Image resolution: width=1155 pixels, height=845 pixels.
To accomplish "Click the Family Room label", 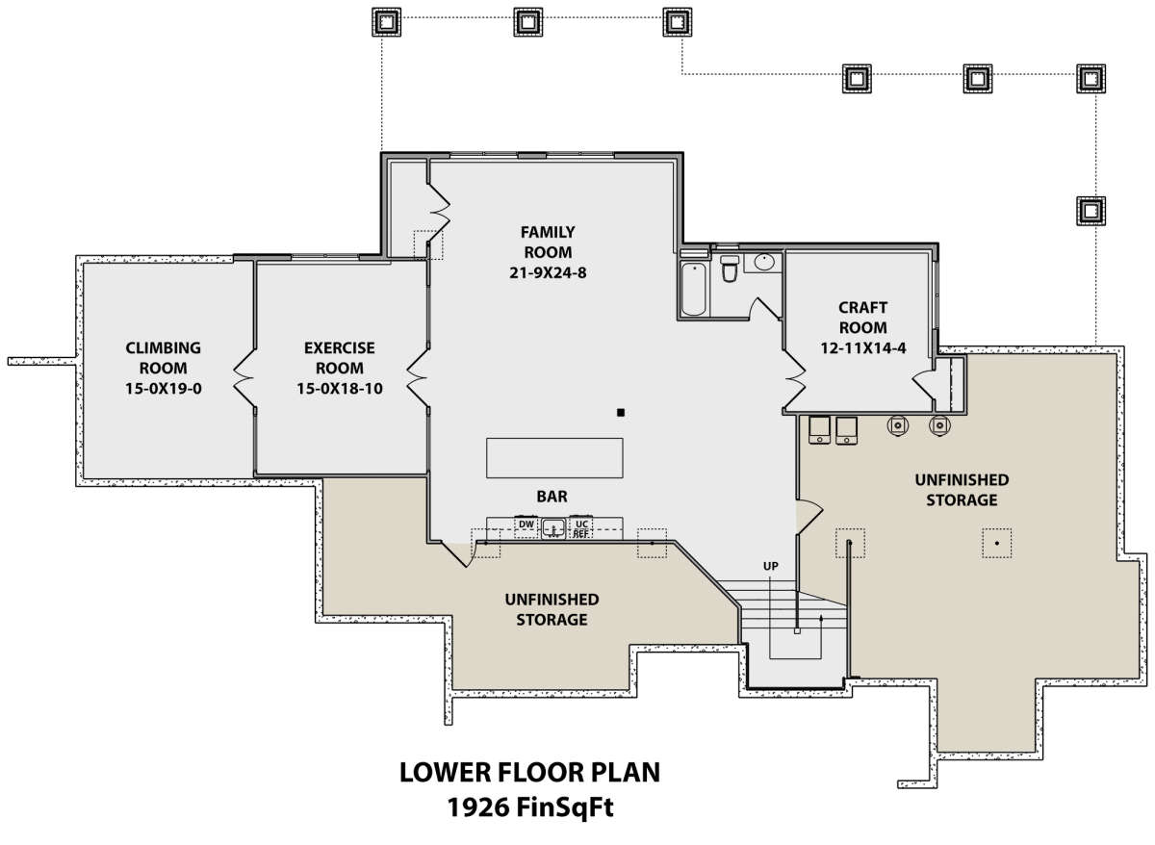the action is tap(548, 243).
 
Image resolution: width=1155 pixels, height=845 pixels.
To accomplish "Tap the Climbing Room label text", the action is tap(163, 358).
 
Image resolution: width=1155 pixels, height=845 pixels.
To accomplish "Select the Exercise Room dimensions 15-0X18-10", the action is tap(339, 388).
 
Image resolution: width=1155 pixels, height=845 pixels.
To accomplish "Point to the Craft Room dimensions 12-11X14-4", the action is tap(862, 348).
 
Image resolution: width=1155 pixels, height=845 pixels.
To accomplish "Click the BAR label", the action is tap(552, 497).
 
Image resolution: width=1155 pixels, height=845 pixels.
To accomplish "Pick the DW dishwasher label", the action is tap(526, 525).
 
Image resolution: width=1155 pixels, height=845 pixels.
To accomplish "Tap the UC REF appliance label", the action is tap(581, 529).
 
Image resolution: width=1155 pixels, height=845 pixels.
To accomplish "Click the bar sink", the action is tap(553, 528).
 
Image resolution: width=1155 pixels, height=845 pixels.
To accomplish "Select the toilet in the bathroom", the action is tap(730, 269).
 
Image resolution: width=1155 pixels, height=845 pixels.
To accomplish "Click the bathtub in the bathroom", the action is tap(694, 288).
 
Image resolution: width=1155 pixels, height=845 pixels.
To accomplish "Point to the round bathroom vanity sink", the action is tap(764, 262).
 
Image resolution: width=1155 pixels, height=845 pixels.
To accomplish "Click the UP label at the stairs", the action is tap(770, 566).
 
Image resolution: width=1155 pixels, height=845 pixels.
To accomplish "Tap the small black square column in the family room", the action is tap(621, 413).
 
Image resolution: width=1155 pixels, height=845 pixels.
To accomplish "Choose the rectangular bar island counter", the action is tap(554, 458).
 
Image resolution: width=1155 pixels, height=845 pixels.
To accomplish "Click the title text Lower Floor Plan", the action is tap(529, 772).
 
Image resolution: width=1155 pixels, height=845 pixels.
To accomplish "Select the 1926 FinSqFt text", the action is tap(530, 807).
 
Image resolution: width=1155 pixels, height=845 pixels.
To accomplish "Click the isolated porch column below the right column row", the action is tap(1091, 211).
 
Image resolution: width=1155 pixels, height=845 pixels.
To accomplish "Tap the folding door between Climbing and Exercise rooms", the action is tap(244, 378).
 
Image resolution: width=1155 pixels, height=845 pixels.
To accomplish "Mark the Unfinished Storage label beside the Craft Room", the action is tap(962, 490).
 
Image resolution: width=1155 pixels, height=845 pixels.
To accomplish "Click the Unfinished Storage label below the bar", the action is tap(552, 609).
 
